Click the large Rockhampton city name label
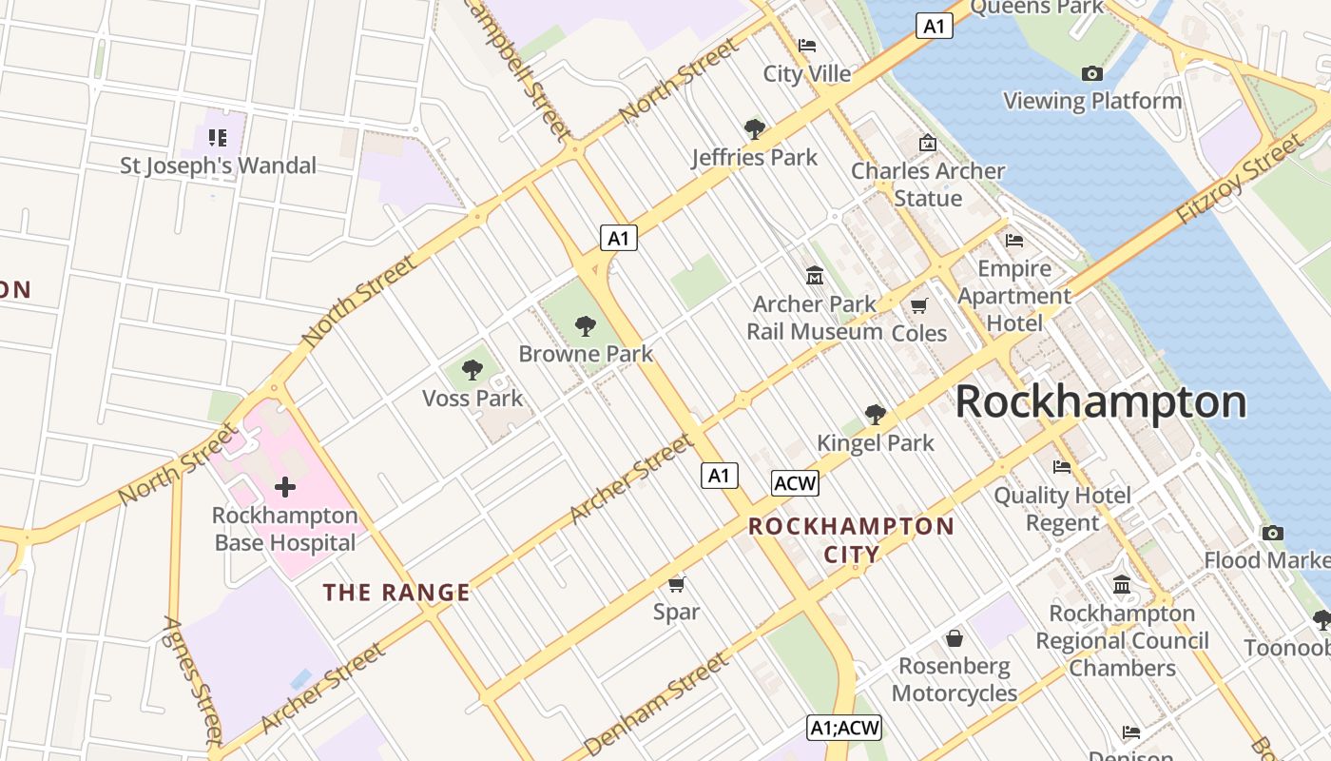pos(1100,402)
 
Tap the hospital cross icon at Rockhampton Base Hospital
pos(284,488)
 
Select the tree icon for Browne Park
pos(586,326)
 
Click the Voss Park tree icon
pos(473,370)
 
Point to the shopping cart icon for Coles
pos(918,305)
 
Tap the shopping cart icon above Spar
pos(676,583)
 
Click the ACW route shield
pos(795,483)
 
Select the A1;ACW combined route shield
pos(844,729)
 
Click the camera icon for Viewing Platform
pos(1091,73)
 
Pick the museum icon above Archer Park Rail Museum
pos(814,276)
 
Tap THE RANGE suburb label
pos(396,593)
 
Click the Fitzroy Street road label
pos(1238,180)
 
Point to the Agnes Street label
pos(193,679)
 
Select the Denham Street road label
pos(656,704)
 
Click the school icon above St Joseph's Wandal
pos(218,138)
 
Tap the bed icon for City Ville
pos(807,46)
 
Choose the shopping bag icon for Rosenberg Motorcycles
pos(954,637)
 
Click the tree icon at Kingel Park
pos(876,414)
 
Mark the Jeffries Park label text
pos(755,157)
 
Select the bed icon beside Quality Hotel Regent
pos(1062,466)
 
